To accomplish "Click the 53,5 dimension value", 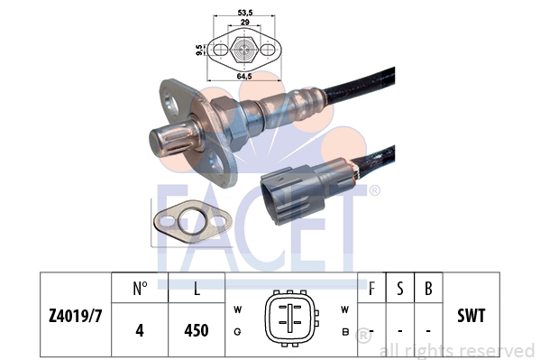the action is point(245,13).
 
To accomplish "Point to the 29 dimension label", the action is point(244,22).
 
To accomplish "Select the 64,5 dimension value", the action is point(244,76).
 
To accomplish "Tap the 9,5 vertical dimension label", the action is point(199,50).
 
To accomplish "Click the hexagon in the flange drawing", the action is point(244,49).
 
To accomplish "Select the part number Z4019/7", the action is point(76,316).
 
